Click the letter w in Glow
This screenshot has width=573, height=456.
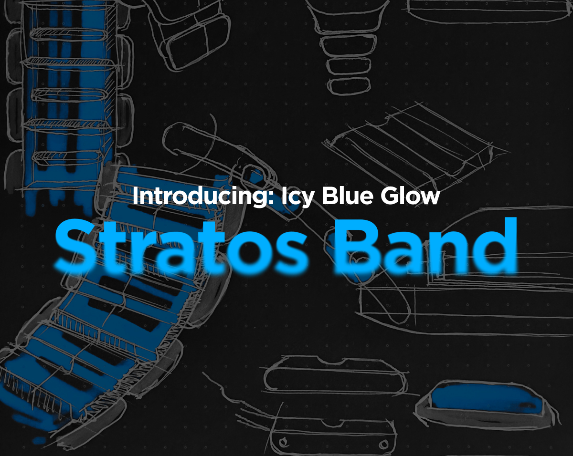(x=429, y=197)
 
